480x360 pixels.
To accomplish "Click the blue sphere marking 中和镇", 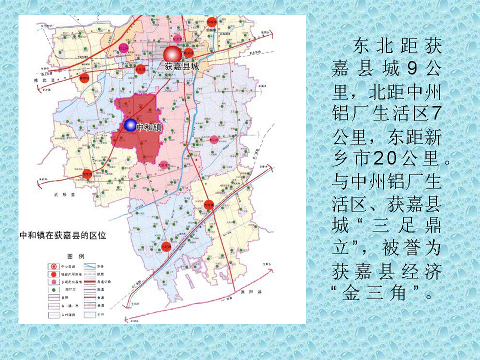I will click(x=130, y=125).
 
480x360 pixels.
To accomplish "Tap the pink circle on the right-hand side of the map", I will click(x=214, y=139).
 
